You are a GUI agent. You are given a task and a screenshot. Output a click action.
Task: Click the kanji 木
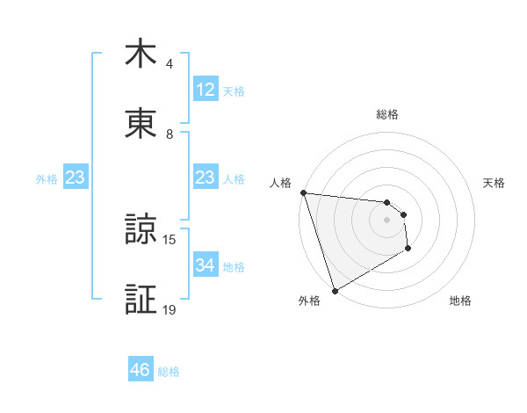click(x=141, y=55)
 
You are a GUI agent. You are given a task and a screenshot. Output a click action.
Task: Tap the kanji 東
click(x=141, y=125)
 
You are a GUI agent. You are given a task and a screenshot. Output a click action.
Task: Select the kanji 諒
click(x=141, y=229)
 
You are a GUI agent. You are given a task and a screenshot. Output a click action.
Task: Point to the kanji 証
click(x=141, y=300)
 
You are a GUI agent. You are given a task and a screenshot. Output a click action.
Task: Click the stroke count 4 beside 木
click(x=170, y=64)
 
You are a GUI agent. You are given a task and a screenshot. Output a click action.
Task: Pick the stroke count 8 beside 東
click(x=170, y=134)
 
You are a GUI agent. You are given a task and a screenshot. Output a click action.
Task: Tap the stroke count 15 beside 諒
click(x=170, y=239)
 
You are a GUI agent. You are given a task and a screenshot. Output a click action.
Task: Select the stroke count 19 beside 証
click(x=170, y=309)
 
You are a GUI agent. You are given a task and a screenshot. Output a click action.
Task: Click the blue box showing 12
click(x=206, y=90)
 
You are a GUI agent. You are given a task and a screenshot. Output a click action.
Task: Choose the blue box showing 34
click(x=206, y=265)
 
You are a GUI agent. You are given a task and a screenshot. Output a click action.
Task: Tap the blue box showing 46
click(x=141, y=370)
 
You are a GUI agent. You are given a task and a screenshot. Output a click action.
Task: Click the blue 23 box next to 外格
click(x=76, y=178)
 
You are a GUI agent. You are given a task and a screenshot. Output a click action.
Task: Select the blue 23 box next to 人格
click(x=206, y=178)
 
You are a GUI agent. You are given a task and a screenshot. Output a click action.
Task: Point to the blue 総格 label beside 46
click(x=170, y=371)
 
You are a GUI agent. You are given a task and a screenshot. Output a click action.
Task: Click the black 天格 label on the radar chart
click(x=495, y=183)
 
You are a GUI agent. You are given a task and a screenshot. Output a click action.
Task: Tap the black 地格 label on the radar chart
click(x=460, y=301)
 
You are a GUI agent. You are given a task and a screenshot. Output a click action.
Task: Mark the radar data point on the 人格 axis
click(x=303, y=193)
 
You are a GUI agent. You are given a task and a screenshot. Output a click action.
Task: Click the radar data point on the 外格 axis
click(x=335, y=291)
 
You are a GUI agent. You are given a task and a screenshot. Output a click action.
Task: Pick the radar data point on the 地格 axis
click(x=408, y=250)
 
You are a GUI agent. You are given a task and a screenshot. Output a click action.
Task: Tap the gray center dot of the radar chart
click(x=386, y=221)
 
